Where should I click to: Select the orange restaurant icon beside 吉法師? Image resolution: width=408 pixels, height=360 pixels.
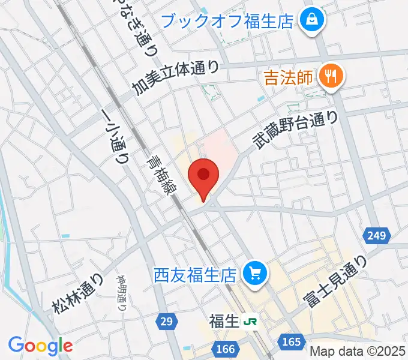point(331,77)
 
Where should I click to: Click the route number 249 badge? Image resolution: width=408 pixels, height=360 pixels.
point(377,235)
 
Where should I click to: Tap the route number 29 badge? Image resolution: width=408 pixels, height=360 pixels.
point(167,322)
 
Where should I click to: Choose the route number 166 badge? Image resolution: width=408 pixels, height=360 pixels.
point(226,348)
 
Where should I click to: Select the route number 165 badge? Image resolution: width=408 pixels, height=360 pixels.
point(292,342)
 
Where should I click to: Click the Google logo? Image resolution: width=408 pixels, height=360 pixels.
point(40,346)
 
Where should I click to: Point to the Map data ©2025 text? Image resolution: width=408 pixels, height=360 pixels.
point(358,351)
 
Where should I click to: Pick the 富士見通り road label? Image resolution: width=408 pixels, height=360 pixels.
point(336,282)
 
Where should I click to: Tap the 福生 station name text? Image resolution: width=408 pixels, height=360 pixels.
point(224,322)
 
